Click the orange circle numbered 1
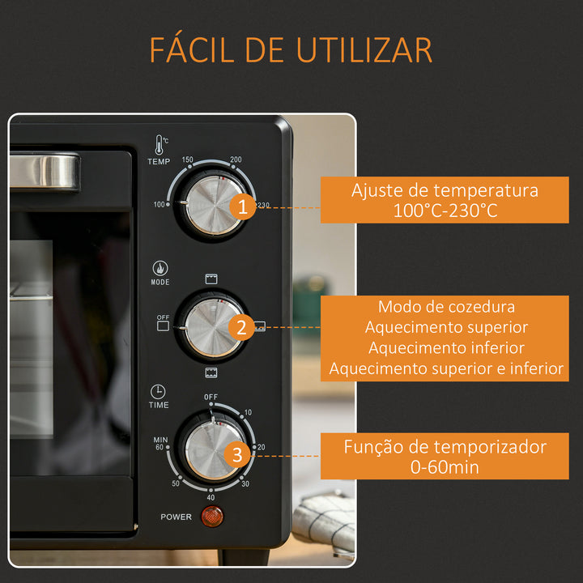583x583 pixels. [x=241, y=207]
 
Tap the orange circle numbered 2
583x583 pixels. [x=241, y=327]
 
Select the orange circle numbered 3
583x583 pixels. [x=236, y=455]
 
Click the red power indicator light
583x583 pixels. [x=212, y=517]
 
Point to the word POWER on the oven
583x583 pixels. [x=176, y=517]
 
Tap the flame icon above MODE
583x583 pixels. [x=160, y=268]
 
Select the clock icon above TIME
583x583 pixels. [x=159, y=389]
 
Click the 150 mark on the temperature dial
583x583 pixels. [x=188, y=160]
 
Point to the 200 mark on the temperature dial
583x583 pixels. [x=236, y=160]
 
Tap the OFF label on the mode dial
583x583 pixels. [x=163, y=317]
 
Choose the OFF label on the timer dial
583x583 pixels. [x=211, y=397]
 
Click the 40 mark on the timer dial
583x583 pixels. [x=211, y=498]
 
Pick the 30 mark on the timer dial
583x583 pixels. [x=245, y=483]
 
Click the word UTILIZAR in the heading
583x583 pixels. [x=364, y=51]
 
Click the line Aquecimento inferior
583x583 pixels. [x=445, y=347]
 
